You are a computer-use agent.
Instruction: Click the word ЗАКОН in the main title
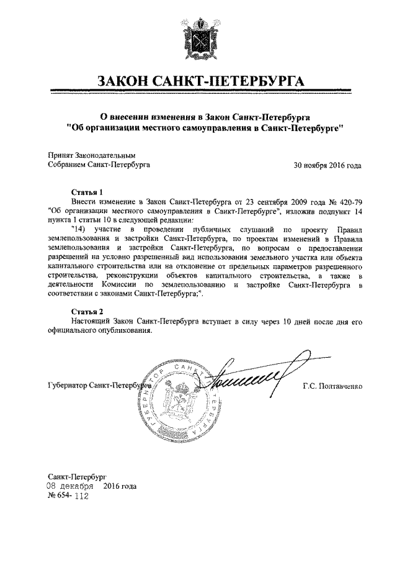[x=129, y=82]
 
